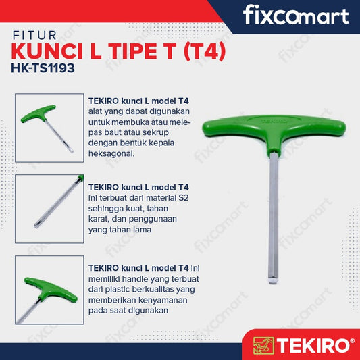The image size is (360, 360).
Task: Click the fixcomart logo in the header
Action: point(296,15)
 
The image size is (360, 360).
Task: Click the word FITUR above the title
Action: point(34,36)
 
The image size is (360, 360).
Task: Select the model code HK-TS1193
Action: point(43,68)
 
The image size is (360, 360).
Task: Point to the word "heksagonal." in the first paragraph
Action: point(111,153)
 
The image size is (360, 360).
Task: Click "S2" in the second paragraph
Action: point(184,198)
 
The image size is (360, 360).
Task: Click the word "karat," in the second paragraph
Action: point(99,219)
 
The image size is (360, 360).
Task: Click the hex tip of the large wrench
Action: point(273,281)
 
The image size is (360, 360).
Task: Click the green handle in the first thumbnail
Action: point(38,113)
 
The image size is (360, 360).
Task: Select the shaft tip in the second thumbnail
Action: point(36,225)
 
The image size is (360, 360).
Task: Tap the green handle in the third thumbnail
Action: point(51,289)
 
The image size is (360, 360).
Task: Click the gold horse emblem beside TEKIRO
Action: point(263,346)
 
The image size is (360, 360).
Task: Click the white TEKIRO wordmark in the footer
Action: point(313,346)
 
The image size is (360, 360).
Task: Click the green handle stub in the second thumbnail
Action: point(80,177)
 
